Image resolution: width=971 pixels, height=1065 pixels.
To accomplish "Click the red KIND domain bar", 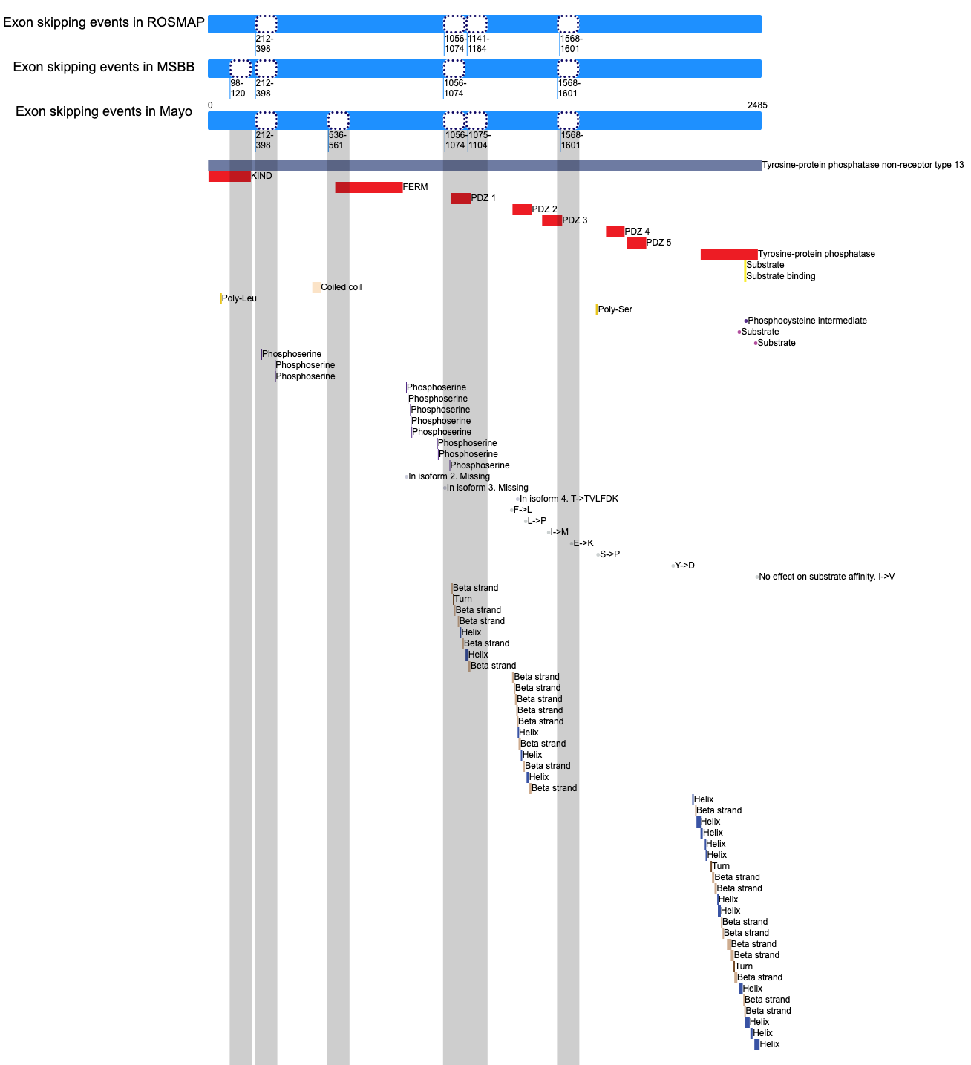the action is coord(229,176).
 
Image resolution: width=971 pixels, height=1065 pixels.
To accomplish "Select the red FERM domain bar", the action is coord(369,188).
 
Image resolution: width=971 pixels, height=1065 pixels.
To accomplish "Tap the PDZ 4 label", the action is coord(637,232).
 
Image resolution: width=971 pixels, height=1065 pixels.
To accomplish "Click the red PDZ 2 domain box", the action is coord(522,210).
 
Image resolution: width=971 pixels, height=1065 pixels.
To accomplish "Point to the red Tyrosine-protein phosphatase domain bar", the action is coord(729,255).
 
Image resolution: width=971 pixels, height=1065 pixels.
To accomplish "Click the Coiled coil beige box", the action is coord(316,288).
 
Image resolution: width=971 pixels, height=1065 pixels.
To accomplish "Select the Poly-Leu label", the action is coord(239,298).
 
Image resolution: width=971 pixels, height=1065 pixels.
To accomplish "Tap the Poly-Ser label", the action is coord(615,309).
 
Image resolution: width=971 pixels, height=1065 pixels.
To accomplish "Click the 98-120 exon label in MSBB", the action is coord(238,88).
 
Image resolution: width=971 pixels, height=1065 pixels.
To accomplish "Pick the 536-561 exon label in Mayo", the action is coord(337,140).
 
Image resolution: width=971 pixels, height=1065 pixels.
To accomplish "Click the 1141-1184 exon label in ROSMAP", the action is coord(478,44).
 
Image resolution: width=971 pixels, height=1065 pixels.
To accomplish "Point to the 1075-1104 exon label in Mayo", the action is coord(479,140).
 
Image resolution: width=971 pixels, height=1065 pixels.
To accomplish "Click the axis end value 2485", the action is coord(757,105).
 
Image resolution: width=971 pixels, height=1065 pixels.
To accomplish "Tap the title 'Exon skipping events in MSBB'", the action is coord(104,67).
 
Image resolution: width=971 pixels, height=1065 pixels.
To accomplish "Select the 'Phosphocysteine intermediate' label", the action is coord(807,321).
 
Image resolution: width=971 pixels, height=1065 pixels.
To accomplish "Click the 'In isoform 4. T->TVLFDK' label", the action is coord(569,499).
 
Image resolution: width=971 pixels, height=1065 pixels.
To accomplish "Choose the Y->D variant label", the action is coord(684,566).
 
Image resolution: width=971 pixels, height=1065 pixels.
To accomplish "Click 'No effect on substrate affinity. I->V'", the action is coord(826,577).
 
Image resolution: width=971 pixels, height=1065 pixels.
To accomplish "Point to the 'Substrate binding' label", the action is coord(780,276).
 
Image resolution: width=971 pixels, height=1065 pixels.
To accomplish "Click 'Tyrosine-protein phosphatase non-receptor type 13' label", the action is coord(863,165).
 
